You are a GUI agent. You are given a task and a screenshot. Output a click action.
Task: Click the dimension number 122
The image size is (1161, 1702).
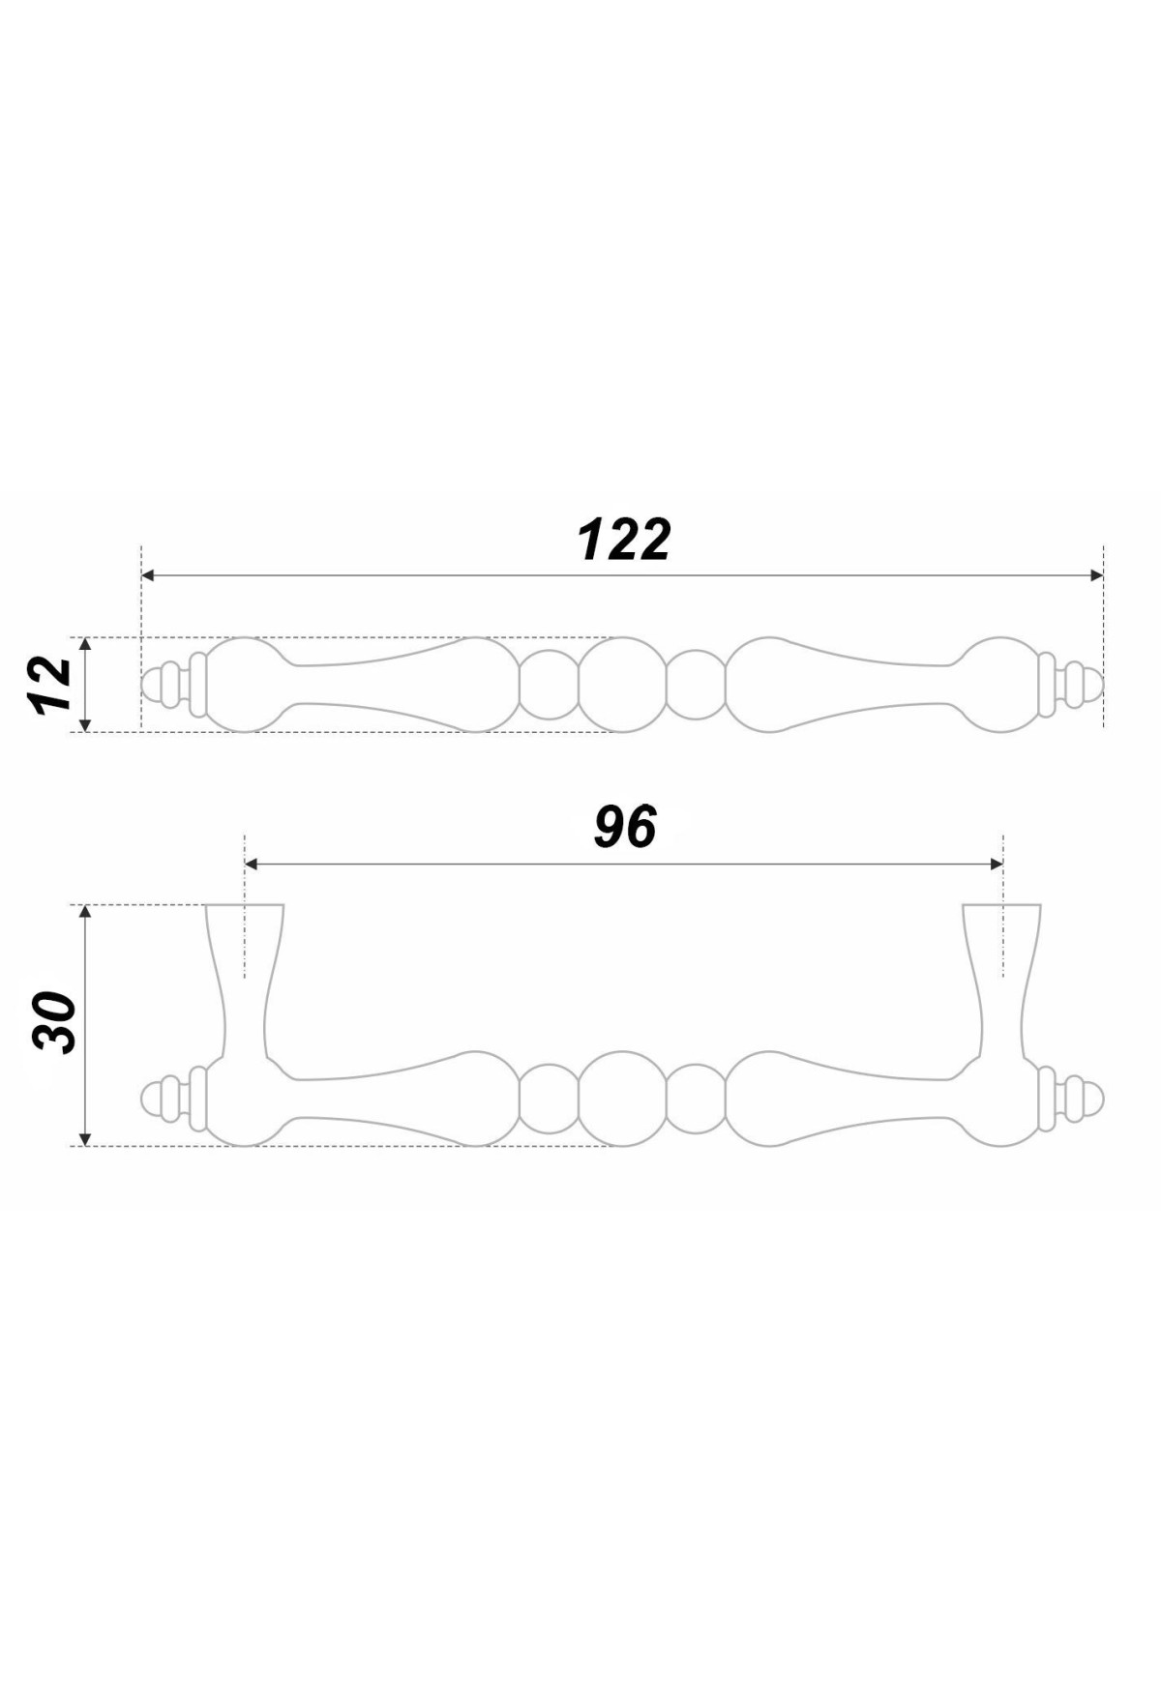pos(624,540)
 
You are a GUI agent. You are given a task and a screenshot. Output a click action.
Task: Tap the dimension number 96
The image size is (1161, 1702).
pos(625,828)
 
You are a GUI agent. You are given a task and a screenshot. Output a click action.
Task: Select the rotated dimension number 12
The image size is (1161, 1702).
pos(51,685)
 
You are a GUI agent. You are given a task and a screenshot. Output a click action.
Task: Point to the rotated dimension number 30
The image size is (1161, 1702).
pos(54,1022)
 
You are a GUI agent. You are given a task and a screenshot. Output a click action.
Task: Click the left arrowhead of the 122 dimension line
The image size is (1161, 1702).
pos(148,575)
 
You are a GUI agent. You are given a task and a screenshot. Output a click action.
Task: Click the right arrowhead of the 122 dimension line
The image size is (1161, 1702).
pos(1097,575)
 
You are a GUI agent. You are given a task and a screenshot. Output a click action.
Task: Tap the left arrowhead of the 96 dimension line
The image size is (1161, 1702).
pos(252,865)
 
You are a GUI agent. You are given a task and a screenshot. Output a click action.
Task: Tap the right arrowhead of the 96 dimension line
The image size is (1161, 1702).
pos(997,865)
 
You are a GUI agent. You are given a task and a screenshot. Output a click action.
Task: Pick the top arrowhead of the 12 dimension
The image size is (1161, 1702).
pos(85,645)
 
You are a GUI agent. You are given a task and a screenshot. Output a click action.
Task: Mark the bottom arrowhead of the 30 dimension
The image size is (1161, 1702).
pos(85,1138)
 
